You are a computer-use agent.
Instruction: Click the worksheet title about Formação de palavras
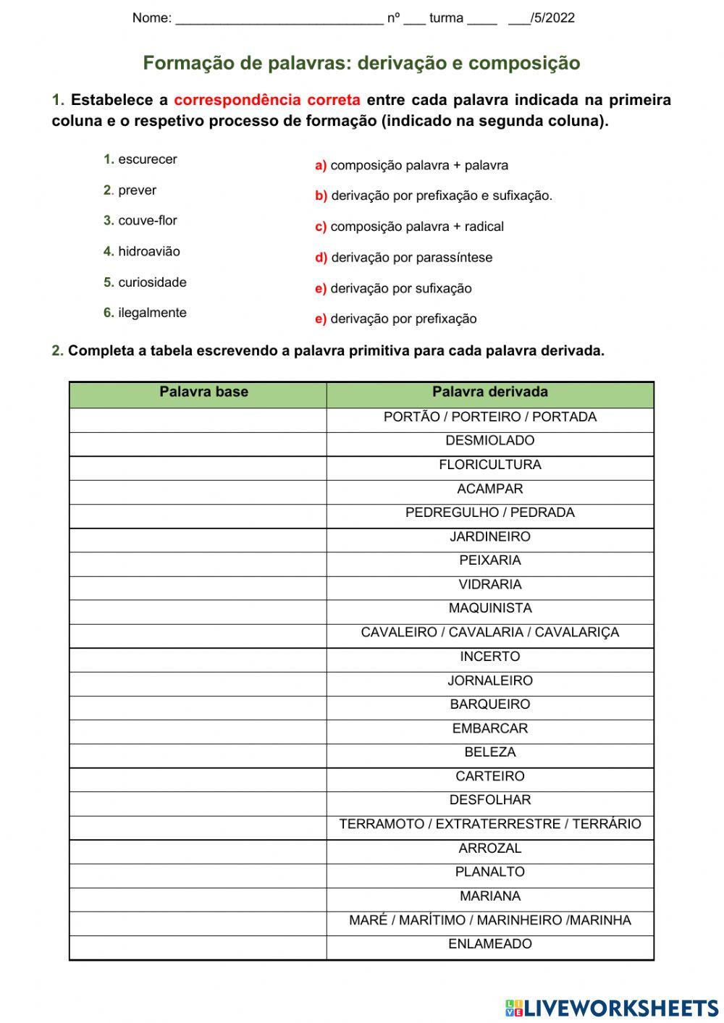[x=361, y=63]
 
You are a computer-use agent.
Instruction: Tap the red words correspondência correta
[x=266, y=100]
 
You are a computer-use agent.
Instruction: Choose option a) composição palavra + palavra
[x=411, y=166]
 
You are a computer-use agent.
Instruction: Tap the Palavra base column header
[x=203, y=392]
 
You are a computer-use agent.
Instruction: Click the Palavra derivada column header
[x=489, y=392]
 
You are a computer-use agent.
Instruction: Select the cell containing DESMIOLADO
[x=489, y=441]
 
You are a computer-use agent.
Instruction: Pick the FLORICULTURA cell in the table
[x=489, y=465]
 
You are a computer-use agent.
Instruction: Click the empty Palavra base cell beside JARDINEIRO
[x=198, y=537]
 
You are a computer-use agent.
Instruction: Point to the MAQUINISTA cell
[x=489, y=609]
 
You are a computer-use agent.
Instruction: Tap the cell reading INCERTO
[x=489, y=657]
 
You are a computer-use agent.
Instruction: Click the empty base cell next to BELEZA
[x=198, y=753]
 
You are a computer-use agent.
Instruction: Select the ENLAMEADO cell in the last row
[x=489, y=944]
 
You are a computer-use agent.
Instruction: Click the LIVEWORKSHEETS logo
[x=612, y=1007]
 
